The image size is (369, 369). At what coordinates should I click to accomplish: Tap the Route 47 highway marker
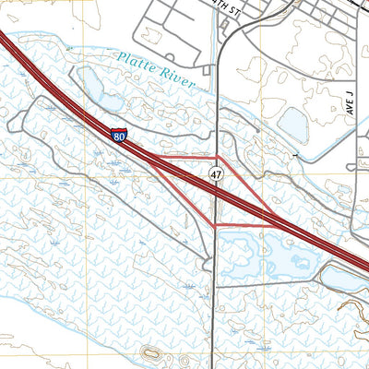tap(215, 173)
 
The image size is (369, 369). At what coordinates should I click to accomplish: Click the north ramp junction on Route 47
tap(216, 156)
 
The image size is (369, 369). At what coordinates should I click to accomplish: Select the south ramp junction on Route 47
tap(215, 226)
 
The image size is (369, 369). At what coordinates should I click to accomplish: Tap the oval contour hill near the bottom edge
tap(151, 353)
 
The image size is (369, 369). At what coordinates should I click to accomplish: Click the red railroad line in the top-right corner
tap(355, 5)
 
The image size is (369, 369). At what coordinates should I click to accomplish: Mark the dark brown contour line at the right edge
tap(355, 304)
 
